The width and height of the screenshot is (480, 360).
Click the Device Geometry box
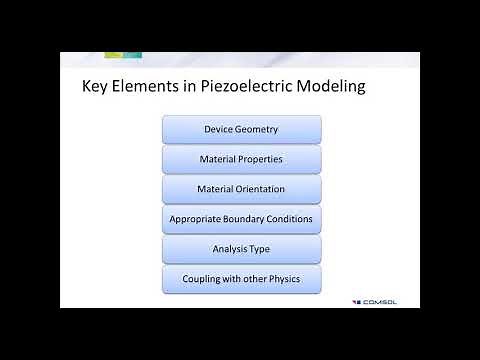click(x=241, y=129)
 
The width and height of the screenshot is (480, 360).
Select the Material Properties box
click(x=241, y=159)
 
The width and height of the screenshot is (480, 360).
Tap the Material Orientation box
click(x=241, y=189)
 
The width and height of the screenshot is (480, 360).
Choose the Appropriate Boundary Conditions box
click(x=241, y=219)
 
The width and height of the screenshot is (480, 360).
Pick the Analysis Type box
click(x=241, y=249)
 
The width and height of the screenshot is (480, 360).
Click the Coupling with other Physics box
click(x=241, y=279)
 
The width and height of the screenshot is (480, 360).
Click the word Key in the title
click(x=96, y=87)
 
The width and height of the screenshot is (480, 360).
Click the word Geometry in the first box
click(x=257, y=129)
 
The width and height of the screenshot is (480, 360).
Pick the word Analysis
click(x=231, y=249)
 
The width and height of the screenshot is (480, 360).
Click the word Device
click(x=219, y=129)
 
